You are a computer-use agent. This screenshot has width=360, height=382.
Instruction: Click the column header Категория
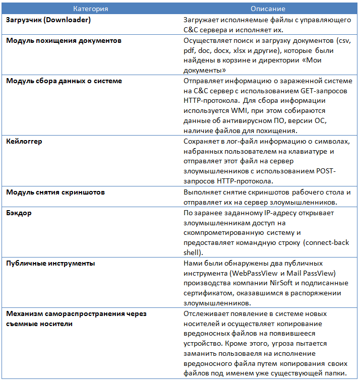click(90, 9)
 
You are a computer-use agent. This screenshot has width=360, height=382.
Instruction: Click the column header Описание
click(268, 9)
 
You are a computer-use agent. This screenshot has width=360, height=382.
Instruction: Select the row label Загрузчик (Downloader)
click(48, 20)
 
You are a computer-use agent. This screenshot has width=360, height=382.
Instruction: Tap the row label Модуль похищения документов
click(64, 40)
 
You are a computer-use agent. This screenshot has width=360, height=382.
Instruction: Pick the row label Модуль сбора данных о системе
click(64, 81)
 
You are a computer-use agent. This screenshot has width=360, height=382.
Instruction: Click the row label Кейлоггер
click(24, 141)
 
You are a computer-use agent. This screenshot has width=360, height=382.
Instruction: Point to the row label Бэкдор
click(19, 213)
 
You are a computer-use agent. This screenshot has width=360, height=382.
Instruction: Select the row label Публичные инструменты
click(50, 263)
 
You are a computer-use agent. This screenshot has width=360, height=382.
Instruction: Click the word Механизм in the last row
click(23, 313)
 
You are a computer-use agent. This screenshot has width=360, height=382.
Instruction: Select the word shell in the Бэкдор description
click(192, 252)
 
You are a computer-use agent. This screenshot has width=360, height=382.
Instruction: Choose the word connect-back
click(328, 242)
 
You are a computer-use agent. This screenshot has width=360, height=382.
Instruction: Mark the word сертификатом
click(210, 293)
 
